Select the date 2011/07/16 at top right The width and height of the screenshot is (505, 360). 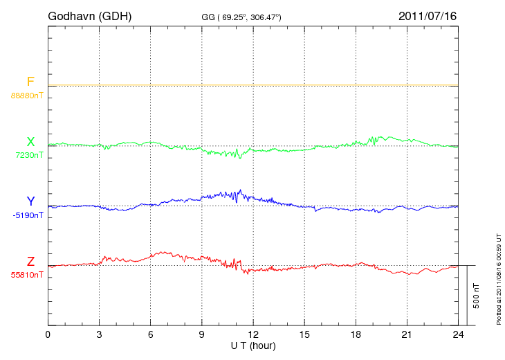point(427,15)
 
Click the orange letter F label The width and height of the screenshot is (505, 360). point(30,82)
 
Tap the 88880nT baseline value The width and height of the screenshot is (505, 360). point(26,96)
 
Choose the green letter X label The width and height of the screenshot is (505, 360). point(30,142)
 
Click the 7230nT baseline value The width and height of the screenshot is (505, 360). point(28,155)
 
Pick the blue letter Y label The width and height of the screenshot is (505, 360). point(30,201)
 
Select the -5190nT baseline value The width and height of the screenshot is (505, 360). point(28,215)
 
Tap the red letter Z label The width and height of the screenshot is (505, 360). point(30,262)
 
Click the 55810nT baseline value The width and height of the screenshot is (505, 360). point(26,275)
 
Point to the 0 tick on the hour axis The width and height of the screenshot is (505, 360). point(48,335)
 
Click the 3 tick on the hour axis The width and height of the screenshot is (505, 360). point(99,335)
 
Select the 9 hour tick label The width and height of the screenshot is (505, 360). point(202,335)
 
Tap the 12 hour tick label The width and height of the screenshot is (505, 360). point(253,335)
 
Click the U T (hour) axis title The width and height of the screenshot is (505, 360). point(253,345)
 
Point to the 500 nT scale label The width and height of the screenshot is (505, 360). point(477,296)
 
